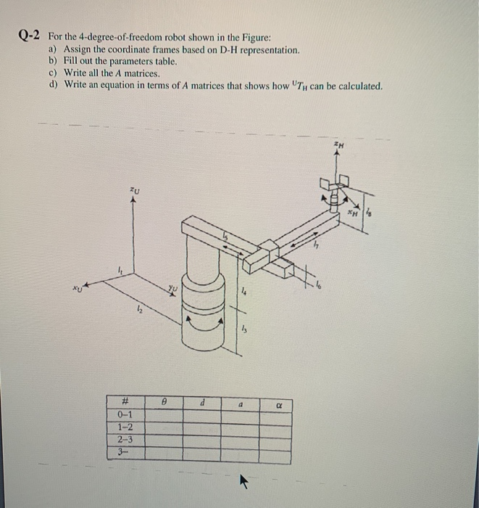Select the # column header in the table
pos(125,399)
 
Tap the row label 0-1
pos(125,414)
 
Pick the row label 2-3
pos(125,439)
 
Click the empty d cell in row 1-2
pos(204,427)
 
